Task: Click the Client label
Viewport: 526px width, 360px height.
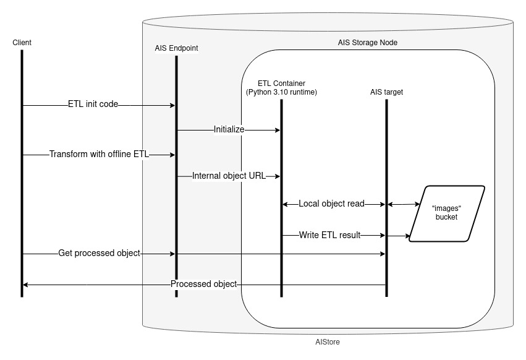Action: [x=22, y=42]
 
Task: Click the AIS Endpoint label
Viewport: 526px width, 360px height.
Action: [x=176, y=48]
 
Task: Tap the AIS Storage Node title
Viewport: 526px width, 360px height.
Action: [x=367, y=43]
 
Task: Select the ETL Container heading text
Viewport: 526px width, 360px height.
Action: [x=281, y=83]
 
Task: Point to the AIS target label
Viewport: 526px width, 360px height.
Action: [x=386, y=92]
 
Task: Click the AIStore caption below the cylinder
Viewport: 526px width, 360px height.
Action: [x=328, y=341]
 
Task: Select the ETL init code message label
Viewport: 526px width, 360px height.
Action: [x=93, y=105]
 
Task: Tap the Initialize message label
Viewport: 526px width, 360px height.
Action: [x=229, y=130]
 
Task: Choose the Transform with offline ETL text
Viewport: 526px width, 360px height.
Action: [x=100, y=155]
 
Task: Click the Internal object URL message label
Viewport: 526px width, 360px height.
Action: [x=229, y=176]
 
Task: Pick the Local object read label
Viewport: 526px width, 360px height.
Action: [x=331, y=204]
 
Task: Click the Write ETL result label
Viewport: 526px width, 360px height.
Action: [x=329, y=235]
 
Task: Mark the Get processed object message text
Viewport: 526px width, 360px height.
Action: [x=99, y=253]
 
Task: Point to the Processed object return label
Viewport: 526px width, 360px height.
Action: [x=204, y=284]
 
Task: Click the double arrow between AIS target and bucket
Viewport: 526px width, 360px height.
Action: [x=402, y=204]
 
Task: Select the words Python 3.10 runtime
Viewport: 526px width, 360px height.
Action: [x=282, y=92]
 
